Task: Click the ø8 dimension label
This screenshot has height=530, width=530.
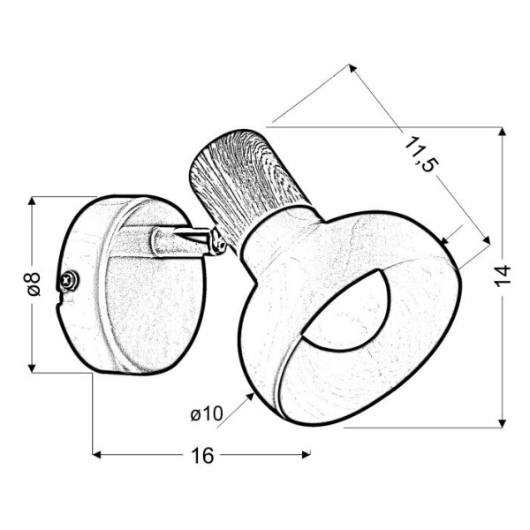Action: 32,284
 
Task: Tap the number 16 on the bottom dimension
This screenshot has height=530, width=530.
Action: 202,456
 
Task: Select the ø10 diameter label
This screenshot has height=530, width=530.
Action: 205,412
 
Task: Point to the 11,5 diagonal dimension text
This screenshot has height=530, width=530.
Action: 423,155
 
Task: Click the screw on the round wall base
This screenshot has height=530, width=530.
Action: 68,281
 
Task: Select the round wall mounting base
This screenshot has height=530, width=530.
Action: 132,283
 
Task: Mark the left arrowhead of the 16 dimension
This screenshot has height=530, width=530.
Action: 98,456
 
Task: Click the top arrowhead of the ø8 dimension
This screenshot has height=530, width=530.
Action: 32,201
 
